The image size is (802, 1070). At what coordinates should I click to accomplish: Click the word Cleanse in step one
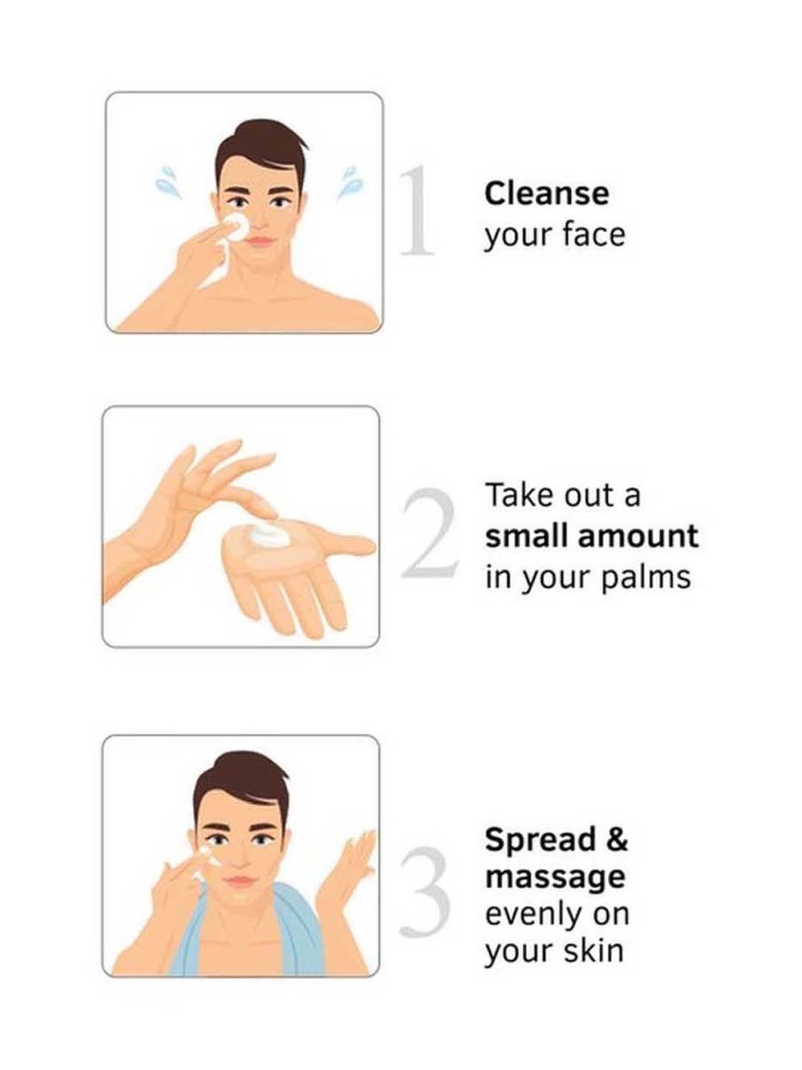546,193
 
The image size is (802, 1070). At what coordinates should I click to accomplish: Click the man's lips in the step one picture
260,241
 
